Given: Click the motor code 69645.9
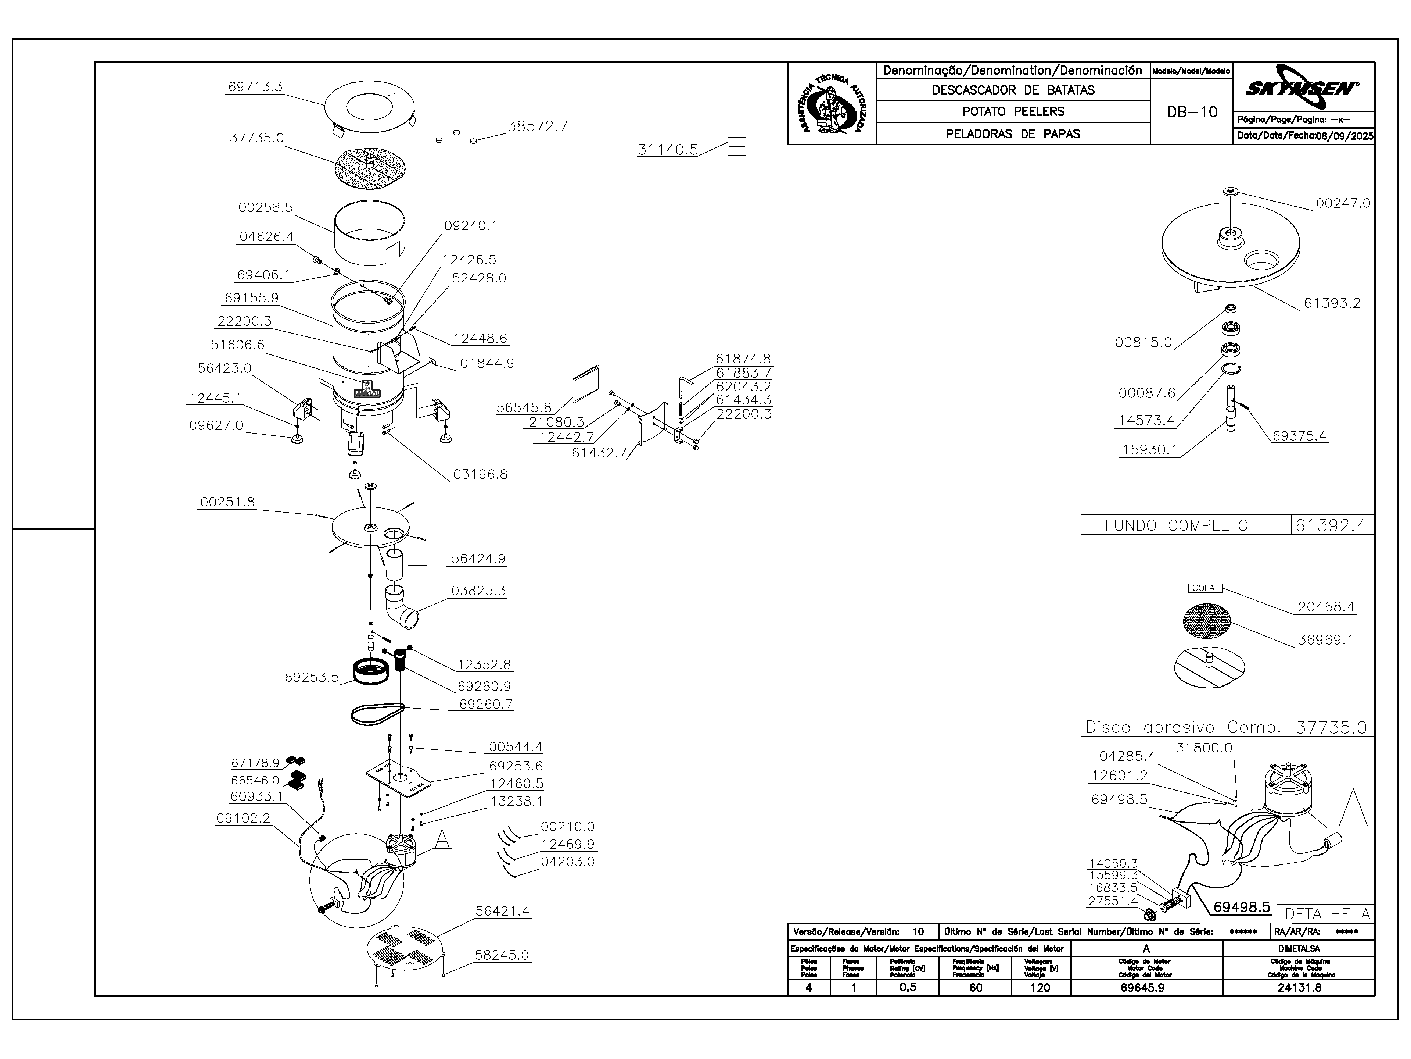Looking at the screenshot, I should (1146, 988).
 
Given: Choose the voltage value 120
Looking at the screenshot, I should (1040, 988).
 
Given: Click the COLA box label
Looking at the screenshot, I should (1204, 588).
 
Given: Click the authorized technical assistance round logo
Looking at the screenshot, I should (832, 103).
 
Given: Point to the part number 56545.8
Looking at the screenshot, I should (524, 407).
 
